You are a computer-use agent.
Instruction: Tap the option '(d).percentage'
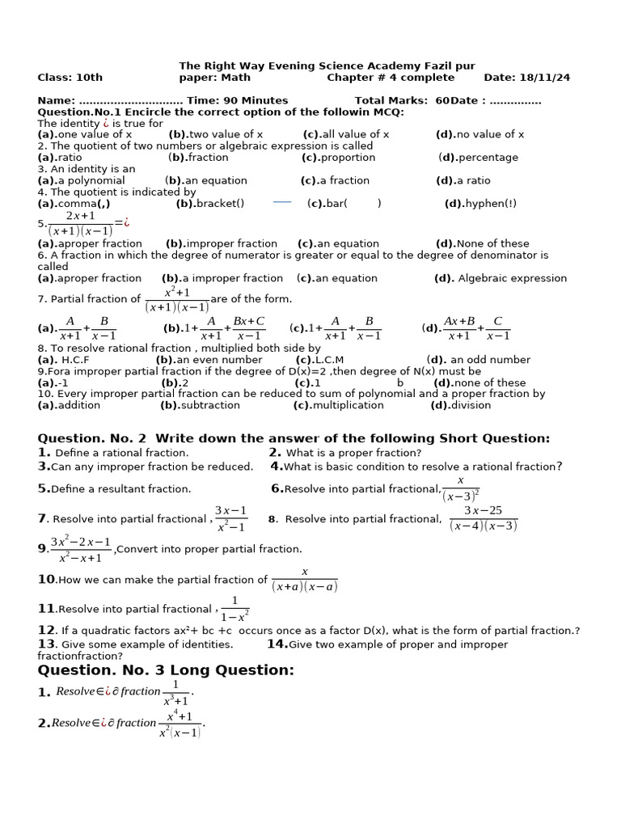pyautogui.click(x=478, y=158)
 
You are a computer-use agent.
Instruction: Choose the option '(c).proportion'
pyautogui.click(x=338, y=158)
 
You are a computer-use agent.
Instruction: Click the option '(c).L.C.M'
pyautogui.click(x=319, y=360)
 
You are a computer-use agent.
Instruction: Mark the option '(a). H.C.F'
pyautogui.click(x=64, y=360)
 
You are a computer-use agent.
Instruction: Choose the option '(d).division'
pyautogui.click(x=460, y=405)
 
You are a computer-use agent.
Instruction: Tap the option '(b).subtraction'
pyautogui.click(x=200, y=405)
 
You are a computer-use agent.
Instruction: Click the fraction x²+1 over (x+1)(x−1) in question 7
pyautogui.click(x=177, y=299)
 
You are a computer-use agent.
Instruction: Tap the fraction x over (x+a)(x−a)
pyautogui.click(x=304, y=580)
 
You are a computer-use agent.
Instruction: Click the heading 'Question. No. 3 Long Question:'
pyautogui.click(x=166, y=670)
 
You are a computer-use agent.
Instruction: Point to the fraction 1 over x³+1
pyautogui.click(x=175, y=692)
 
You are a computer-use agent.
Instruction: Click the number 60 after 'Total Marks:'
pyautogui.click(x=441, y=101)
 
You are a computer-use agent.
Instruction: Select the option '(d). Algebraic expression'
pyautogui.click(x=501, y=278)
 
